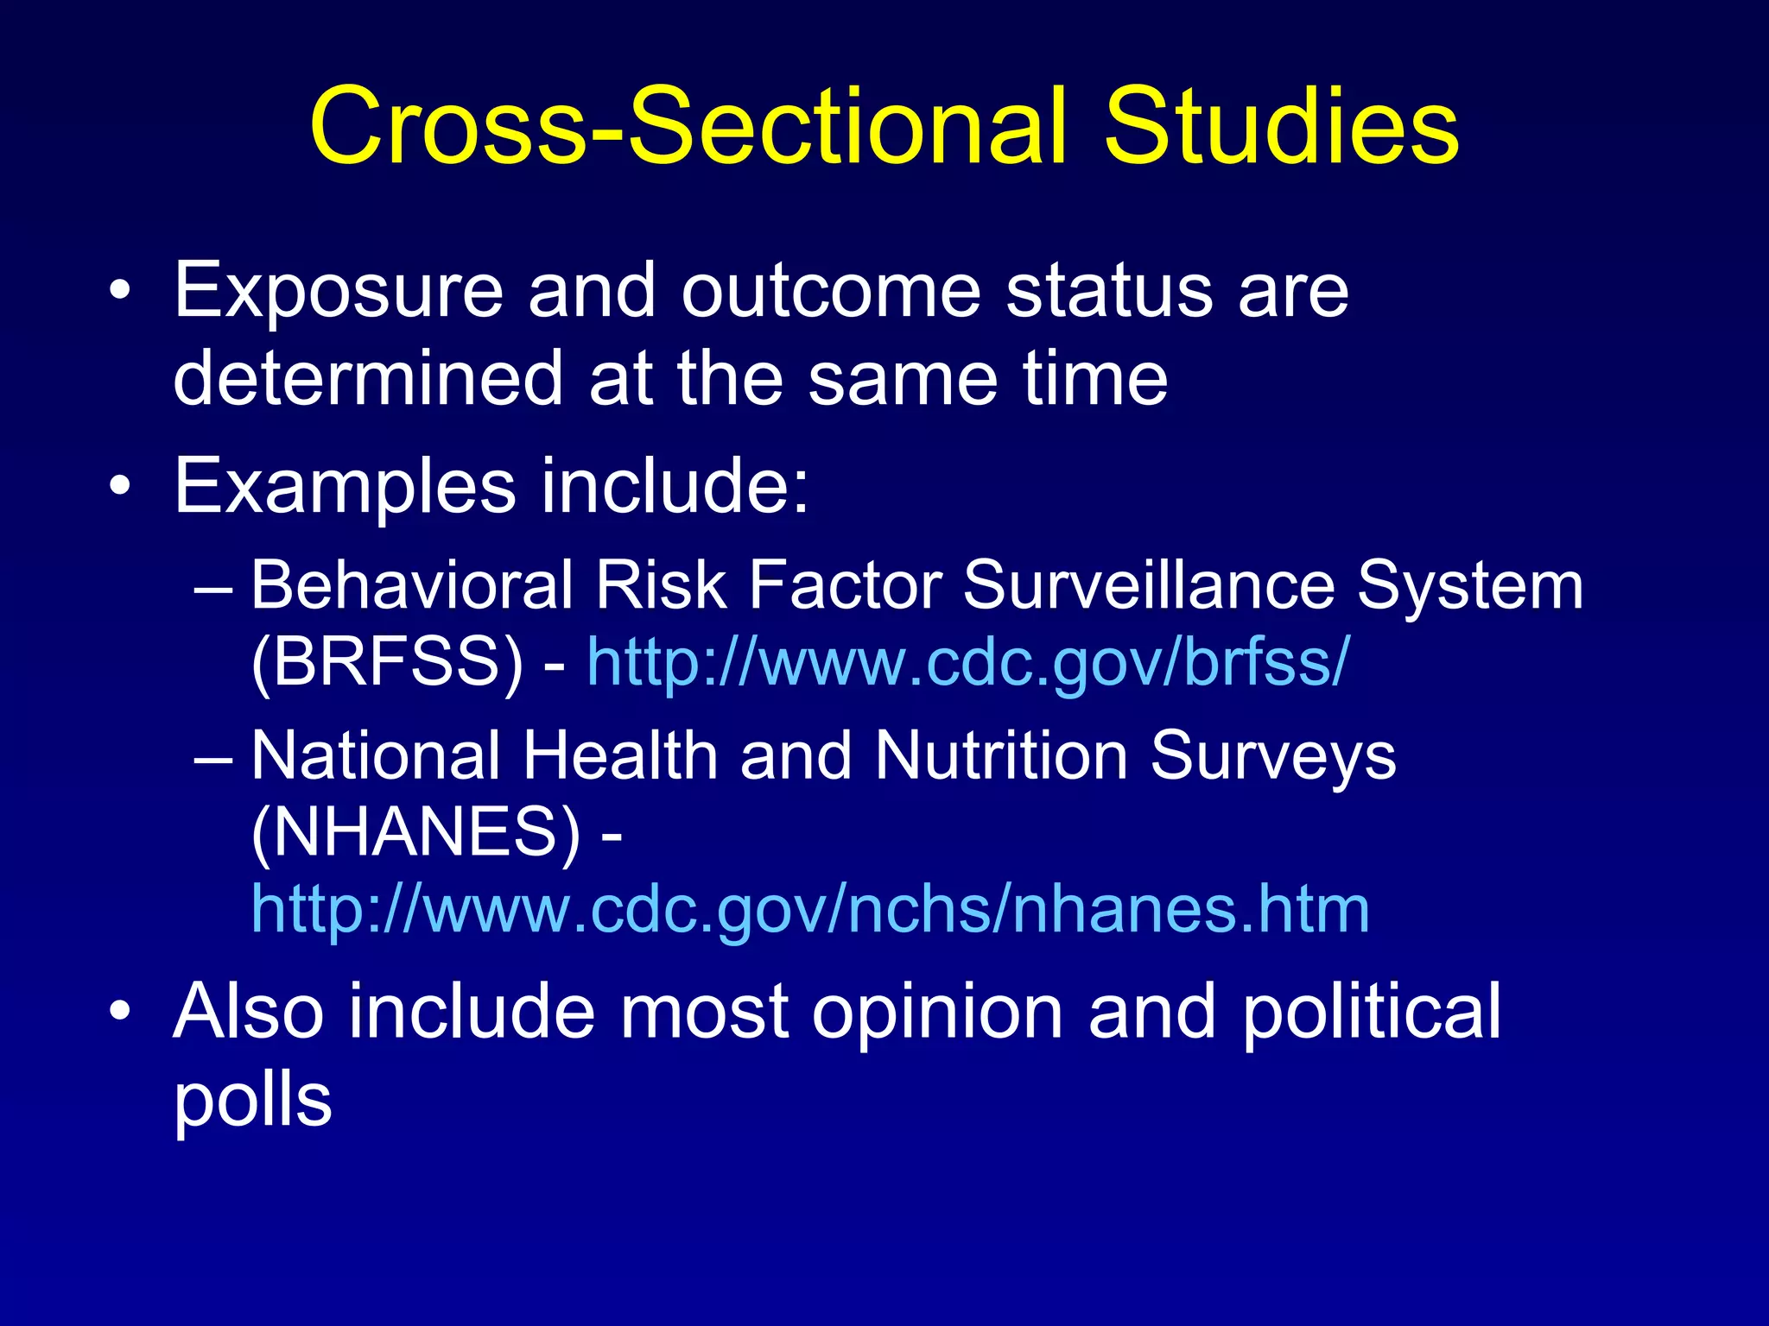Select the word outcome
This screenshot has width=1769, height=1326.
[831, 292]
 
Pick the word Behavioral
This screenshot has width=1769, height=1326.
[411, 585]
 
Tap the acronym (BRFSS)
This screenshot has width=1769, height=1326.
[387, 663]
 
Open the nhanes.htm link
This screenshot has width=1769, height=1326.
[810, 910]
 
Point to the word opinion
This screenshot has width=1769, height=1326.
[937, 1012]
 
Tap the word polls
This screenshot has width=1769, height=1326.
[252, 1100]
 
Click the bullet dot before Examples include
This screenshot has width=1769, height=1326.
[121, 487]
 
